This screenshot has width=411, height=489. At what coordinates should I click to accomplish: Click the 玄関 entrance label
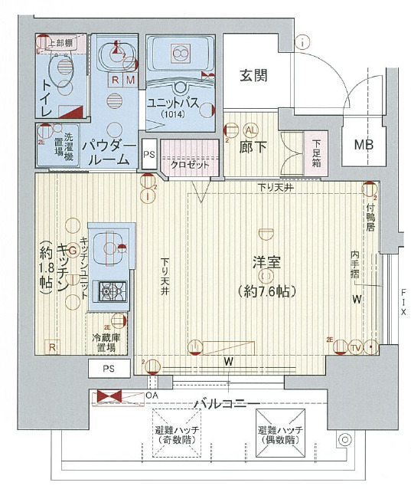click(x=253, y=75)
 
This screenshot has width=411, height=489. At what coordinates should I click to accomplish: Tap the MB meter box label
click(x=365, y=145)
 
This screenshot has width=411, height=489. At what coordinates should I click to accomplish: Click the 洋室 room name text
click(x=267, y=263)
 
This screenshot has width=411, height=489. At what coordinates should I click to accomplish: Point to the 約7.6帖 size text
click(x=267, y=290)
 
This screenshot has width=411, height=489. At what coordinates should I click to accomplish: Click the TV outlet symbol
click(x=354, y=347)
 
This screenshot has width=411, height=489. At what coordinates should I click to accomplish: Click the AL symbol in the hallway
click(x=250, y=130)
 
